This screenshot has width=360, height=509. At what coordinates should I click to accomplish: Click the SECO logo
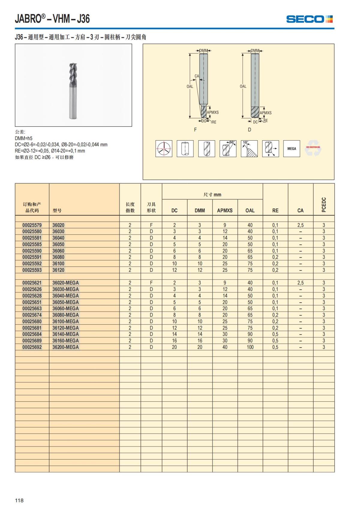tap(309, 19)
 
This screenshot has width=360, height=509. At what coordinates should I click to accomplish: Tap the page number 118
tap(19, 500)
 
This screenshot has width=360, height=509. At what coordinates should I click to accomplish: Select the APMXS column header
tap(225, 211)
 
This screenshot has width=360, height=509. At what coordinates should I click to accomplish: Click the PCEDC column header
tap(324, 205)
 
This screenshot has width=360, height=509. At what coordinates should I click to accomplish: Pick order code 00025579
tap(32, 225)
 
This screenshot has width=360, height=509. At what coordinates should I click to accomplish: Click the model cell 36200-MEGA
tap(66, 347)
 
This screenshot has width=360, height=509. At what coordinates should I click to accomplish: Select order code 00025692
tap(32, 347)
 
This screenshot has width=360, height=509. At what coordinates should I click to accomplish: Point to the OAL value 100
tap(250, 347)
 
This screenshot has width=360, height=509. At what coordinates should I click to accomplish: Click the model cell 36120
tap(58, 270)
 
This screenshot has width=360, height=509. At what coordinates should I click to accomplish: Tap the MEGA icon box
tap(292, 148)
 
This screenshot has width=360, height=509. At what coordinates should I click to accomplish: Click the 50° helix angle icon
tap(228, 148)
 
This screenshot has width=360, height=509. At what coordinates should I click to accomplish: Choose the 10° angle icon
tap(249, 148)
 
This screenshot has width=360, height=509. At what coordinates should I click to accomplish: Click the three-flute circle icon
tap(164, 148)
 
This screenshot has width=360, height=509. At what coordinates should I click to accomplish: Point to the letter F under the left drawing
tap(196, 130)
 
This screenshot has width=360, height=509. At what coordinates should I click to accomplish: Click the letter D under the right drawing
tap(250, 130)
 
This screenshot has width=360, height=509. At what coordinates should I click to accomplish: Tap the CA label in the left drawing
tap(197, 76)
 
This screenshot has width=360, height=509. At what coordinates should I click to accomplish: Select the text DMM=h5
tap(24, 138)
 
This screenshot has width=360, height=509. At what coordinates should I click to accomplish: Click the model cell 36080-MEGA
tap(66, 315)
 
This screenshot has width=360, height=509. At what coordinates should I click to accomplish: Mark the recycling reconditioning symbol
tap(313, 148)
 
